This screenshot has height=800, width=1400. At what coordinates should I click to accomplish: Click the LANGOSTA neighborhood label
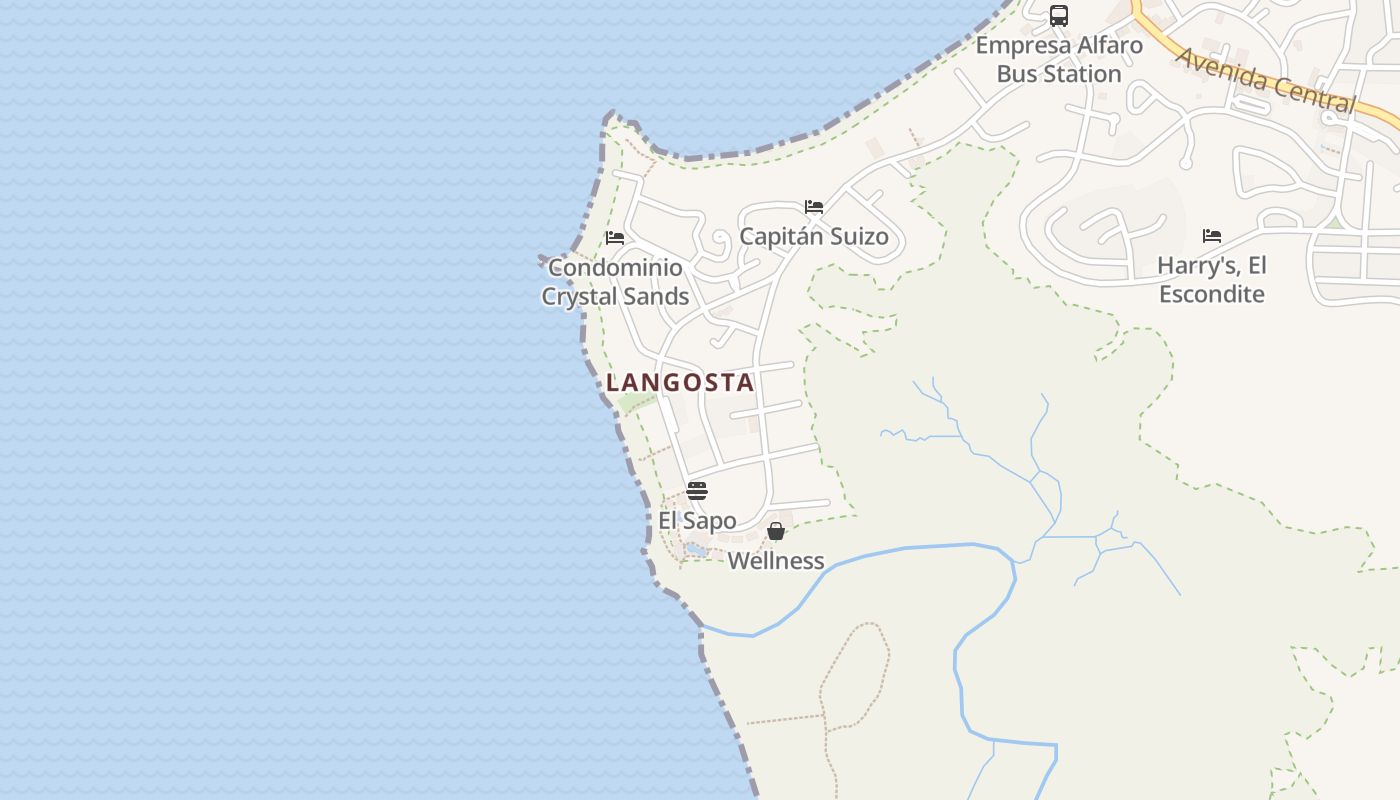click(680, 382)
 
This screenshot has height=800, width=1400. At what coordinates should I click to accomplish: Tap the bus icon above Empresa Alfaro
click(1059, 16)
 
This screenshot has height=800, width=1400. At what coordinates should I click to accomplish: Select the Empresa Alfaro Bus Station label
click(1059, 60)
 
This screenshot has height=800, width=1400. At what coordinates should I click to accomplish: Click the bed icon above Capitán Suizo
click(814, 207)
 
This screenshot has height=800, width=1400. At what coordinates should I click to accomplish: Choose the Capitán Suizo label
click(814, 237)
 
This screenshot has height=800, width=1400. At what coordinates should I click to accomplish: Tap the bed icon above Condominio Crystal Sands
click(615, 238)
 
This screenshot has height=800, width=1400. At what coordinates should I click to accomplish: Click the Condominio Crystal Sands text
click(615, 282)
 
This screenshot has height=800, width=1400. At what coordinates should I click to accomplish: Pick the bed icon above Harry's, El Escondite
click(1212, 236)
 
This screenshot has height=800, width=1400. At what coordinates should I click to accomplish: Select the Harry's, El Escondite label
click(1212, 280)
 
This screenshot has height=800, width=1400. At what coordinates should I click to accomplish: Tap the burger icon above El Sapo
click(697, 491)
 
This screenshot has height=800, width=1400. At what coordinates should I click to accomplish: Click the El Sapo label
click(697, 521)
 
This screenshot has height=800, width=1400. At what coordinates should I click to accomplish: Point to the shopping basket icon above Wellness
click(776, 531)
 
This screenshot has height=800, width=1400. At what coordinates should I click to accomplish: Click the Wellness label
click(776, 561)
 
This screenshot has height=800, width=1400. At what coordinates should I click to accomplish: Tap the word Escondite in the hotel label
click(1212, 294)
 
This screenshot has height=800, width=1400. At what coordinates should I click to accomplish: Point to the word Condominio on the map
click(615, 268)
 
